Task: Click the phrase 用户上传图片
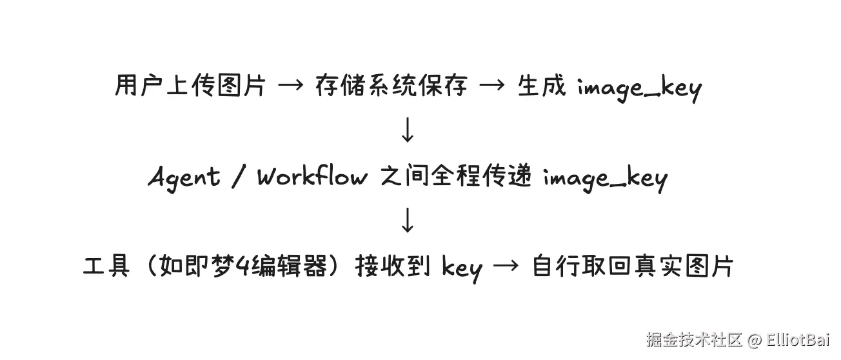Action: click(x=190, y=86)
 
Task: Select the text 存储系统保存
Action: click(x=391, y=86)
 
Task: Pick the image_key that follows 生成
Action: click(x=638, y=88)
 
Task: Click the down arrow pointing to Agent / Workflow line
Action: click(x=407, y=130)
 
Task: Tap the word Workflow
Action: click(x=312, y=176)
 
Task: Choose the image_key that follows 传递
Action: click(x=604, y=179)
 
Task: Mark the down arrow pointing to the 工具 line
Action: click(x=407, y=221)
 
